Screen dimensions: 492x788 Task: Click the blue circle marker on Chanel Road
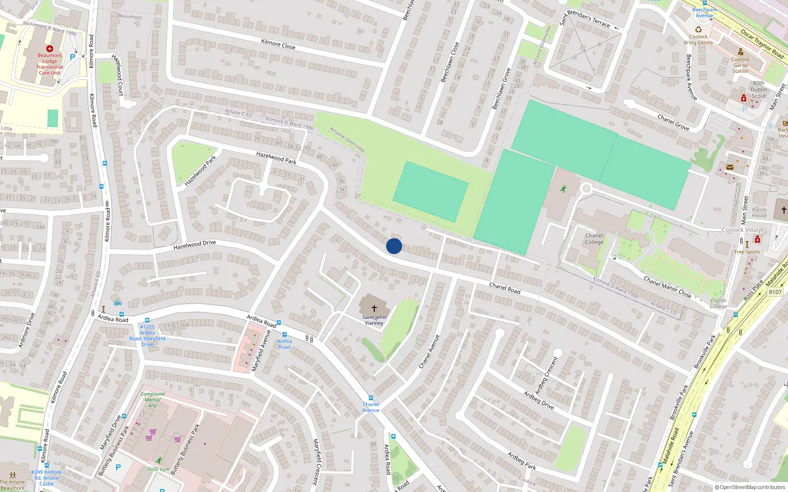coord(394,246)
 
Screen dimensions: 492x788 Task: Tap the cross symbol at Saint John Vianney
coord(374,308)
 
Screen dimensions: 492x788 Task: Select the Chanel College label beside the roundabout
coord(594,239)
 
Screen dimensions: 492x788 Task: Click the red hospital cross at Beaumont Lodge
coord(50,49)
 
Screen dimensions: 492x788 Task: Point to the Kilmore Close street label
coord(278,44)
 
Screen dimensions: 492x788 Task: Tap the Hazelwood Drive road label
coord(195,245)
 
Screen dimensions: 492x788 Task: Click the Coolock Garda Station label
coord(740,65)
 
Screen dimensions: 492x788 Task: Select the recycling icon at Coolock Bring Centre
coord(698,30)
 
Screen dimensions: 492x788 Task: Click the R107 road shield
coord(775,292)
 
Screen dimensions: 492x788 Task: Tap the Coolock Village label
coord(742,230)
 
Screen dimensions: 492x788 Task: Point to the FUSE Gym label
coord(159,469)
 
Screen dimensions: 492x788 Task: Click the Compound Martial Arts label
coord(153,400)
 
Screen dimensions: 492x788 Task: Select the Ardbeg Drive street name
coord(538,400)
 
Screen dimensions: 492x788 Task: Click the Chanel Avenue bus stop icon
coord(371,398)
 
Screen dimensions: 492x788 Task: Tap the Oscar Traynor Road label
coord(762,44)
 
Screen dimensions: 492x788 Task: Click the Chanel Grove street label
coord(673,122)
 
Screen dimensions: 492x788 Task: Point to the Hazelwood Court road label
coord(118,75)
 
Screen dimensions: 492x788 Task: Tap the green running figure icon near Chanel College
coord(563,189)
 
